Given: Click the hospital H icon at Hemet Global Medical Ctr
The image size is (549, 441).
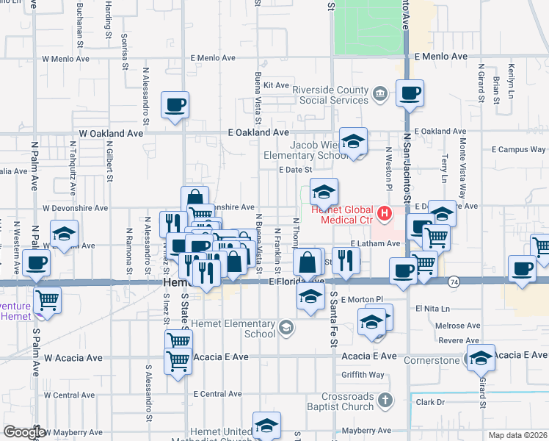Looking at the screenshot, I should point(382,215).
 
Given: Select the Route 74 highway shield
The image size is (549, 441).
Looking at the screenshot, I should point(454,282).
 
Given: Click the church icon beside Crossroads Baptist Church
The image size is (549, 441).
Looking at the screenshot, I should point(387,400).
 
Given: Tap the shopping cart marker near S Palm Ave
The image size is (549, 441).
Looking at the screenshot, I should point(47,298).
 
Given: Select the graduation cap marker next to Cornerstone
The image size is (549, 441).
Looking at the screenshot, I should point(481,358).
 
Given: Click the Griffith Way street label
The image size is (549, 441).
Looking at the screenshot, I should point(363,375).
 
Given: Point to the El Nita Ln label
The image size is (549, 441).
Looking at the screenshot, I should point(431,309).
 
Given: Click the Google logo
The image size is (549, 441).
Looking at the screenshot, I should point(23,432).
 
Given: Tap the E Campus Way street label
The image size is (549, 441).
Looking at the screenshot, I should point(518,149).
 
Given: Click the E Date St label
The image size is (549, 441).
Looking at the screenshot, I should point(296,170).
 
